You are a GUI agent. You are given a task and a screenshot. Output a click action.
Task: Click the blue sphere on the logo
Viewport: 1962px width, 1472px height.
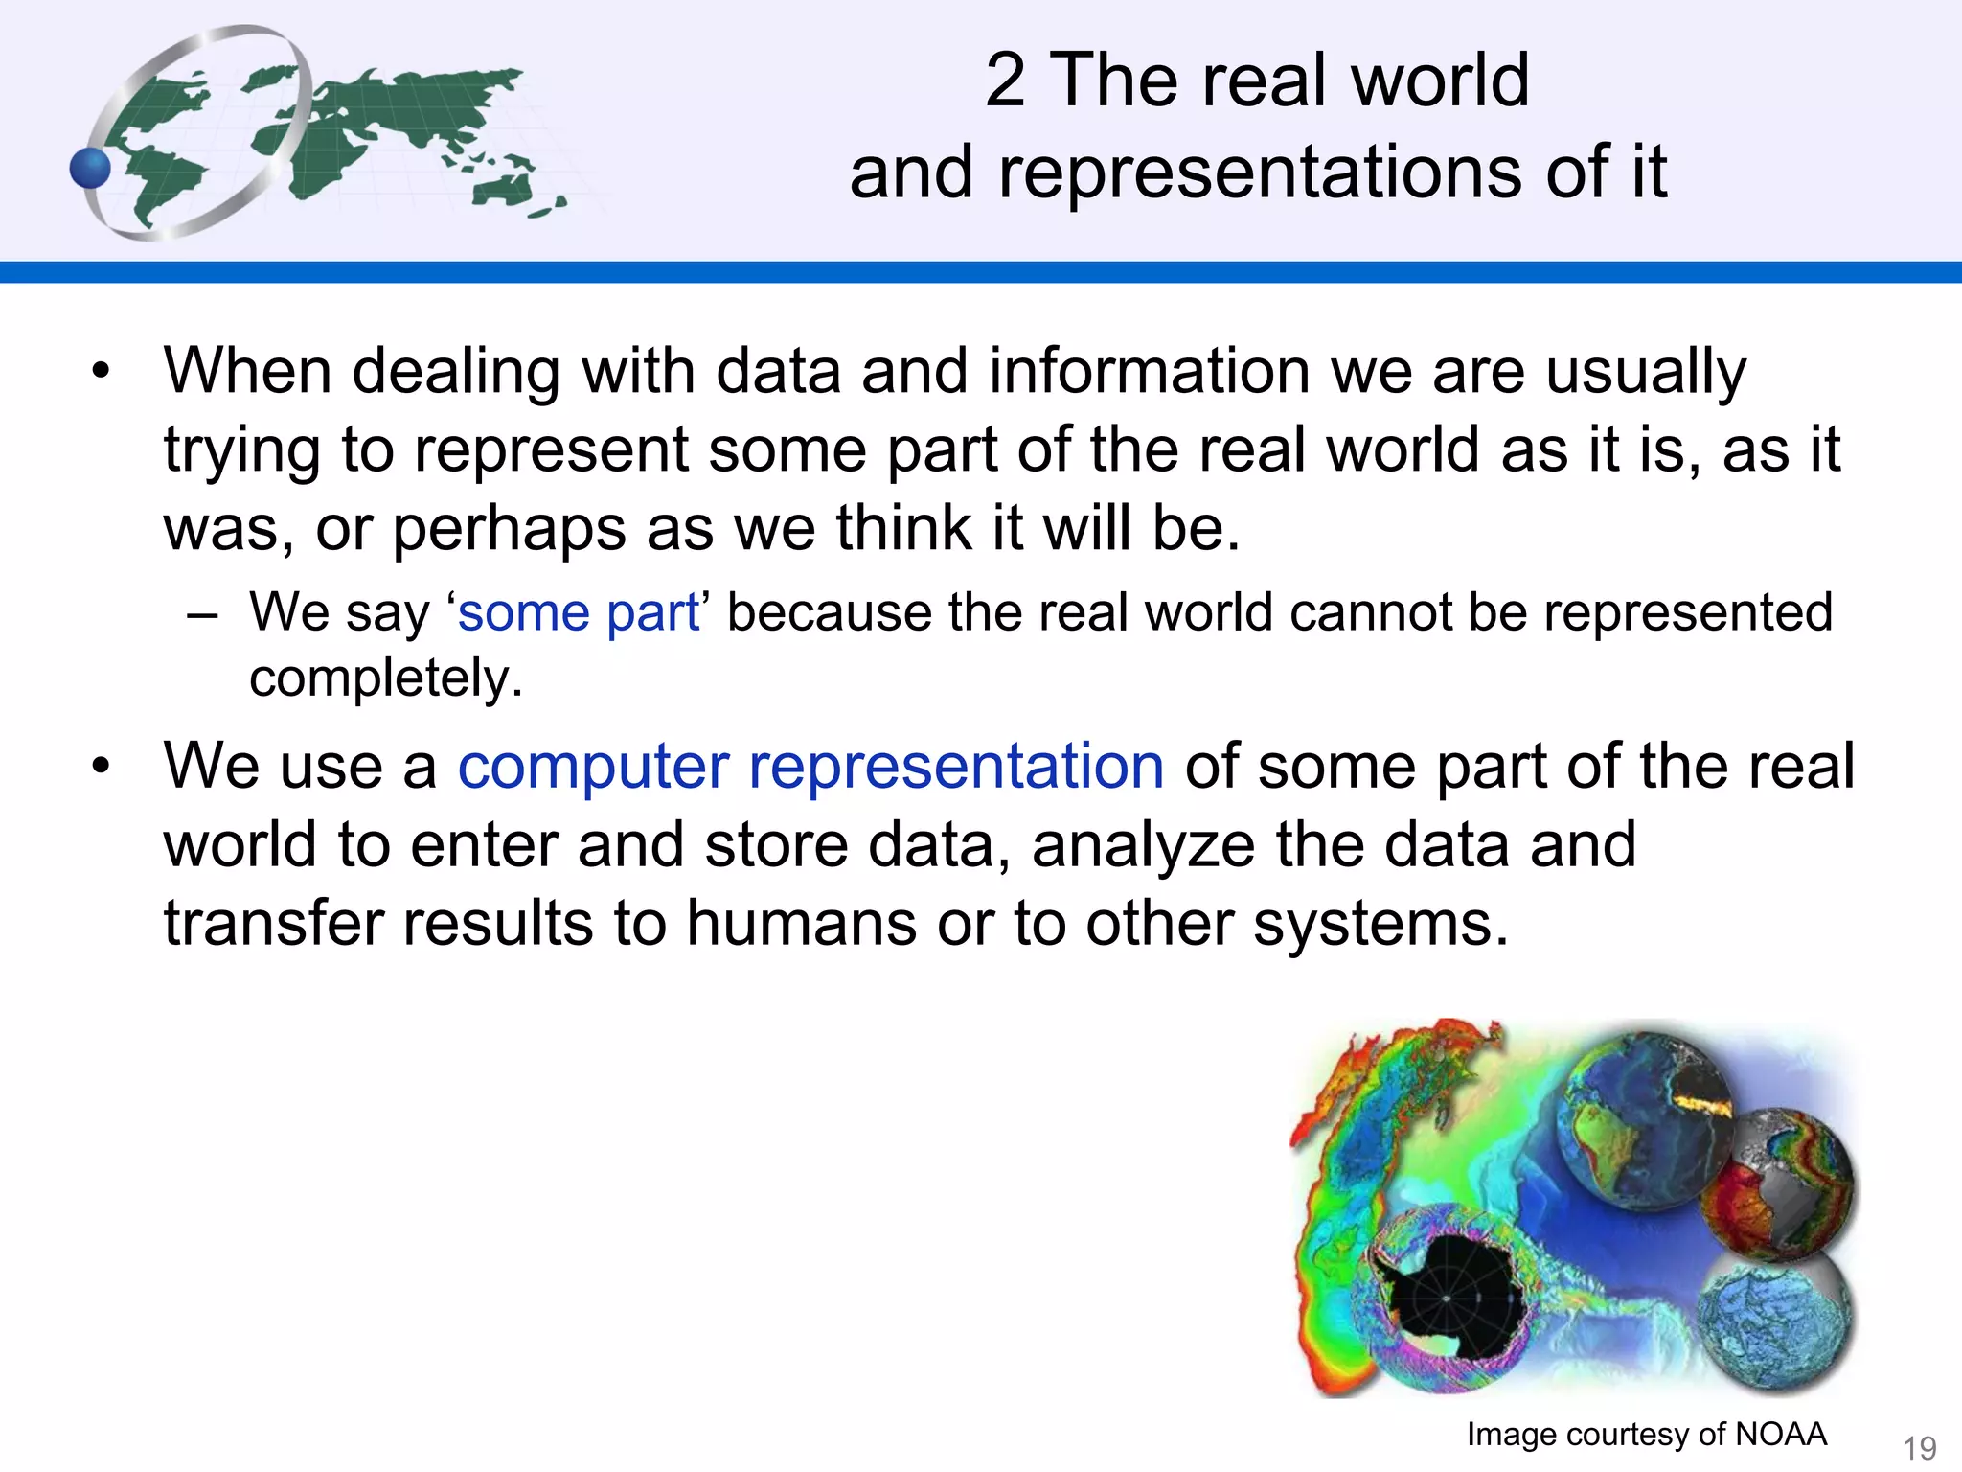91,170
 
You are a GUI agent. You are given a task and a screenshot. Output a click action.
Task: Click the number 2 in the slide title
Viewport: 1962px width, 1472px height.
1005,80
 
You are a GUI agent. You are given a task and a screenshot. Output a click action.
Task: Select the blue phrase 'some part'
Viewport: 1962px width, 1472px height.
579,612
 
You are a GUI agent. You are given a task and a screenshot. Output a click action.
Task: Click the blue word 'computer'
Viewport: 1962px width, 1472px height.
593,767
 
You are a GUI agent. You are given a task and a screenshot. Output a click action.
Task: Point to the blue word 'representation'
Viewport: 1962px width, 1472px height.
956,767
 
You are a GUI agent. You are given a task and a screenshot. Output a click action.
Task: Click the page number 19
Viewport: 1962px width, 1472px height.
1919,1447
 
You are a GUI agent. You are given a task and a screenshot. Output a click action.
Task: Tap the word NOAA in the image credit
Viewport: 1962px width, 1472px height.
1780,1434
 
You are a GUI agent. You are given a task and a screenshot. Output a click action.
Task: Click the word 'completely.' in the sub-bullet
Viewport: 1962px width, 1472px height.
386,678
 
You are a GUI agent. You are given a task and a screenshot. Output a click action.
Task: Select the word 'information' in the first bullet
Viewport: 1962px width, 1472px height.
1149,372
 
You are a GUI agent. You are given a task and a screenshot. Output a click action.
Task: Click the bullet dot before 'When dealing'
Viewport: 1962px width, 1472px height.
102,372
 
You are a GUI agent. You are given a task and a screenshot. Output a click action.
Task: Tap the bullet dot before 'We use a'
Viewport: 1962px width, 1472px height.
102,767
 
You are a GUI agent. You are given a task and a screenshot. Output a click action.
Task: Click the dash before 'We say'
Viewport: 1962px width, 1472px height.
203,613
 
